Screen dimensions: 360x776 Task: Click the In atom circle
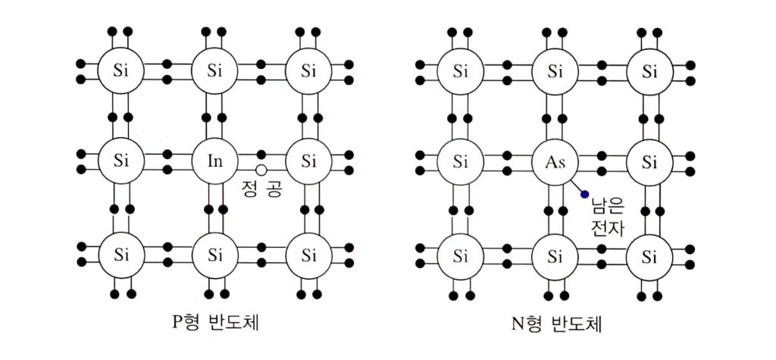(214, 161)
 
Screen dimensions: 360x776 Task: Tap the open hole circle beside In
(261, 170)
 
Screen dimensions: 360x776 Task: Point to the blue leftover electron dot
(584, 194)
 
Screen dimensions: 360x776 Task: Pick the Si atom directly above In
(214, 72)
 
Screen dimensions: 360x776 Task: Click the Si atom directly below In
(214, 252)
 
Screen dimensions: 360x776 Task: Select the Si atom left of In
(120, 161)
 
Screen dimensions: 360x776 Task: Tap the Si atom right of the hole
(308, 161)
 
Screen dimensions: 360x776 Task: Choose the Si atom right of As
(649, 161)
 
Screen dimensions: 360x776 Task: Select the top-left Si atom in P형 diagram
(120, 72)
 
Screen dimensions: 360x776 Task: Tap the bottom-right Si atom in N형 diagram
(649, 252)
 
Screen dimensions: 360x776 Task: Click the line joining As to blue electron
(577, 187)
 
